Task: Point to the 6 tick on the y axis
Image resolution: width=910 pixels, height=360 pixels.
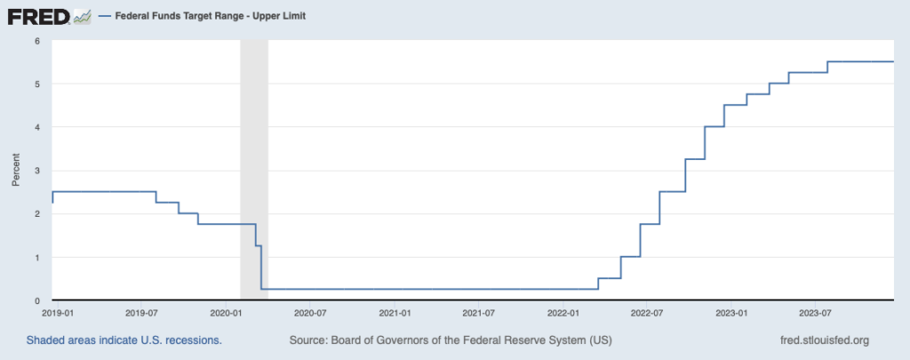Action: pyautogui.click(x=37, y=41)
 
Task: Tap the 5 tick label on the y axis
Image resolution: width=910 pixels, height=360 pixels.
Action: pyautogui.click(x=37, y=84)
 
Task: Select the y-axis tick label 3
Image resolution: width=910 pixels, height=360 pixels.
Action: pyautogui.click(x=37, y=171)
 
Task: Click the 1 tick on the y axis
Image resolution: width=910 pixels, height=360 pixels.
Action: pyautogui.click(x=37, y=258)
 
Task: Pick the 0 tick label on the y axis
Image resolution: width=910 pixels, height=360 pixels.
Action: pyautogui.click(x=37, y=300)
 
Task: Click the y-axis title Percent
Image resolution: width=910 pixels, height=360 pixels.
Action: pyautogui.click(x=15, y=171)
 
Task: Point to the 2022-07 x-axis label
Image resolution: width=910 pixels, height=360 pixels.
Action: pyautogui.click(x=650, y=313)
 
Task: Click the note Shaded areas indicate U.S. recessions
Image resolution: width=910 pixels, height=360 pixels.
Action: pyautogui.click(x=124, y=340)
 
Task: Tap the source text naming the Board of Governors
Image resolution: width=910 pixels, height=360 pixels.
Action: pyautogui.click(x=451, y=340)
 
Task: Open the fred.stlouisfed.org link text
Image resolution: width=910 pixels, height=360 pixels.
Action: pyautogui.click(x=823, y=340)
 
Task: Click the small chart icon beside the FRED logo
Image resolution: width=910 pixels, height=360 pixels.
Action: pyautogui.click(x=82, y=16)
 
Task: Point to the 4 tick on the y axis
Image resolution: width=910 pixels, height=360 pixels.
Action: pyautogui.click(x=37, y=127)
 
